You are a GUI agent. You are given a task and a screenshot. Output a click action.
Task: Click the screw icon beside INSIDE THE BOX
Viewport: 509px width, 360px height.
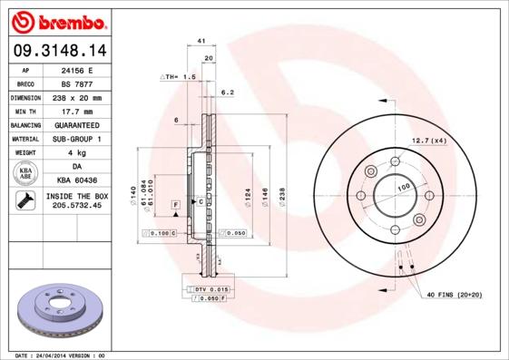pyautogui.click(x=25, y=201)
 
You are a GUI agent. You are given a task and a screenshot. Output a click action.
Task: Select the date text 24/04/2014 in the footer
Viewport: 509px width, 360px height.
pyautogui.click(x=62, y=355)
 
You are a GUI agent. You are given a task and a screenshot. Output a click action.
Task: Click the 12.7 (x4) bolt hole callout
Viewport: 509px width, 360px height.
pyautogui.click(x=428, y=141)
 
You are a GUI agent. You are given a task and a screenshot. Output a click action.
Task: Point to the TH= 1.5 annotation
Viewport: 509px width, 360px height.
pyautogui.click(x=178, y=78)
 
